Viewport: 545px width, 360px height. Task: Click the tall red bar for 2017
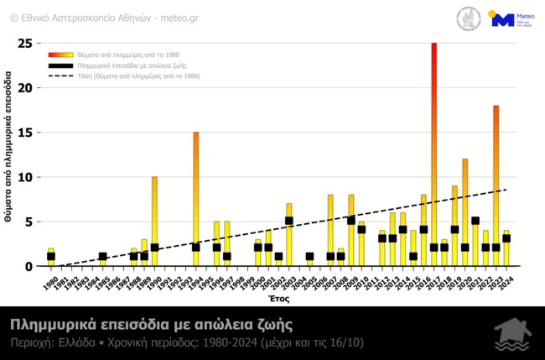[434, 151]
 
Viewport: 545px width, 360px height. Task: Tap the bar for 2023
[496, 185]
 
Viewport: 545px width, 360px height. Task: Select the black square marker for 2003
[289, 222]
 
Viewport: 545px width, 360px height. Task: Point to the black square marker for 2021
[475, 222]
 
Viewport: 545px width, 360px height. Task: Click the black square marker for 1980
[51, 257]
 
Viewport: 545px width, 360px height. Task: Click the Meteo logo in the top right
[512, 19]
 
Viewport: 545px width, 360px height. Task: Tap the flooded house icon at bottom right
[511, 334]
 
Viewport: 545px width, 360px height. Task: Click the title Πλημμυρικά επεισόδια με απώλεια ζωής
[151, 324]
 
